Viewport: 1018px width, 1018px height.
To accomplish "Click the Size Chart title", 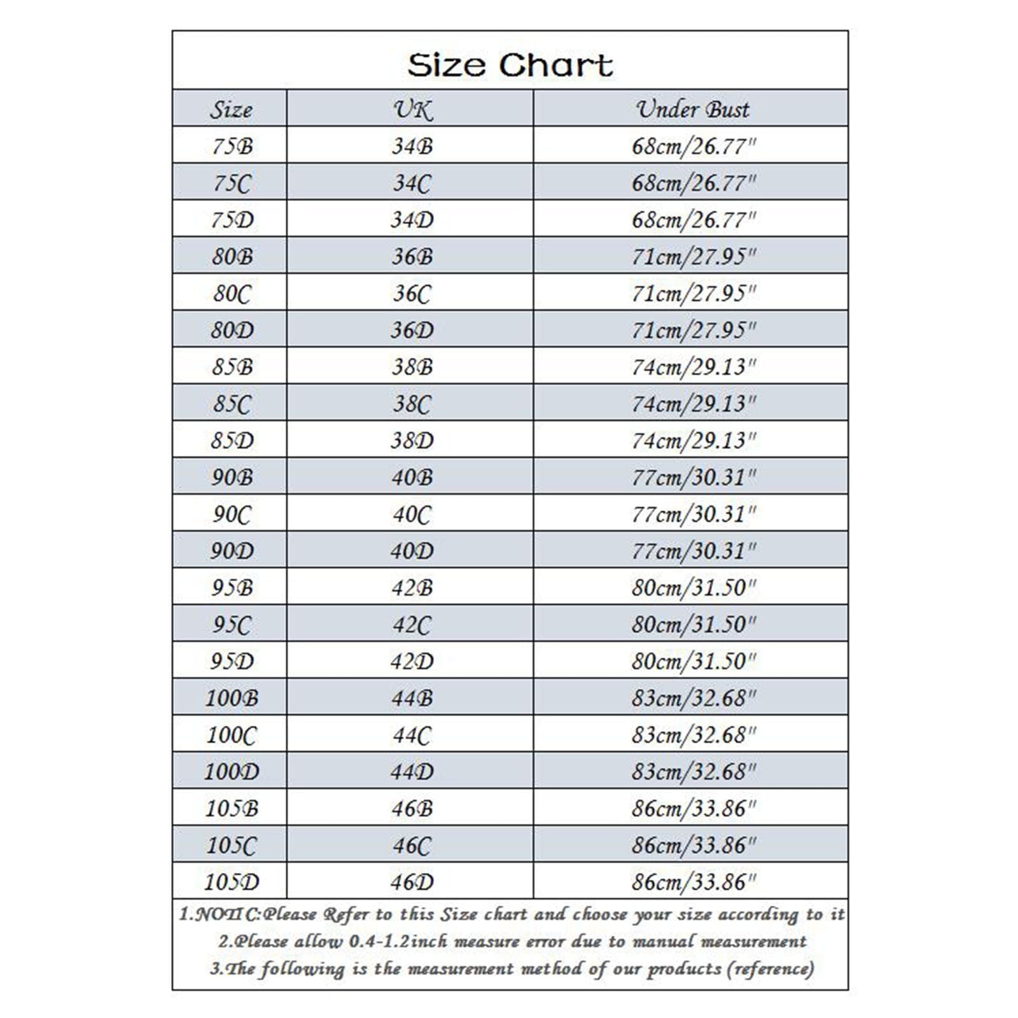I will click(x=510, y=65).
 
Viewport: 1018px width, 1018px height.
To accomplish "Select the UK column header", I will click(x=412, y=109).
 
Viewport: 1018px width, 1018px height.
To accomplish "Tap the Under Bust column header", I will click(x=693, y=109).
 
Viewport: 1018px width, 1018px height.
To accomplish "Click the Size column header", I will click(x=232, y=109).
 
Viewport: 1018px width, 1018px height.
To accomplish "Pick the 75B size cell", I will click(x=232, y=146).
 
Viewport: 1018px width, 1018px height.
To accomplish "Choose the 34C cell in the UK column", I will click(x=412, y=183).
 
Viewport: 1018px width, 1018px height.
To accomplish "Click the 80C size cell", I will click(x=232, y=293).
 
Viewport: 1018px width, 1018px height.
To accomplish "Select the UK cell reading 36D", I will click(x=412, y=330).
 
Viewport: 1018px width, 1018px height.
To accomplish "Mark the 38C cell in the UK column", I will click(x=412, y=404).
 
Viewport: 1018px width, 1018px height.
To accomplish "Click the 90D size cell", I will click(x=232, y=551).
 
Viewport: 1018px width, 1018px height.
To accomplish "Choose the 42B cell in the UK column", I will click(x=412, y=588).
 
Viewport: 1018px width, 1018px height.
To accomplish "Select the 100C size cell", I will click(x=232, y=735).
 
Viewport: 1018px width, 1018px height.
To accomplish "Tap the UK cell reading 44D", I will click(x=412, y=772).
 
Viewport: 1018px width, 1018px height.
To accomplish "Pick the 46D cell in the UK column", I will click(x=412, y=882).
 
